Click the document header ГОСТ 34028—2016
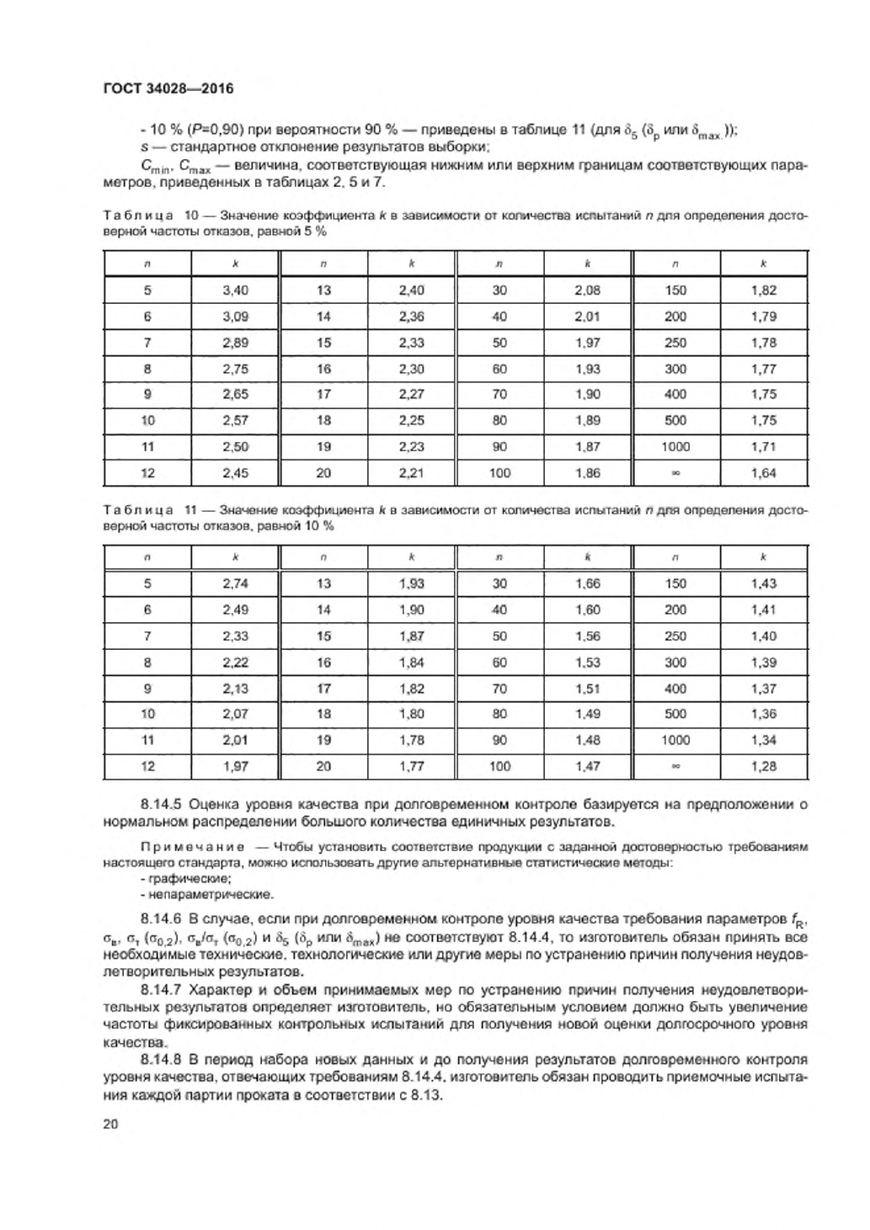pyautogui.click(x=168, y=88)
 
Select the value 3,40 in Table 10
pyautogui.click(x=235, y=290)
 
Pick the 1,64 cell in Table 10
pyautogui.click(x=763, y=473)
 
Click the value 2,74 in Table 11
pyautogui.click(x=235, y=583)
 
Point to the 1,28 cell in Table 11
pyautogui.click(x=763, y=766)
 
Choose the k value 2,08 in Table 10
pyautogui.click(x=587, y=290)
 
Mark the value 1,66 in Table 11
pyautogui.click(x=587, y=583)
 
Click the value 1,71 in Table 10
pyautogui.click(x=763, y=447)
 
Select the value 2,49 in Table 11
pyautogui.click(x=235, y=610)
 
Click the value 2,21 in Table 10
pyautogui.click(x=411, y=473)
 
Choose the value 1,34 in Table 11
pyautogui.click(x=763, y=740)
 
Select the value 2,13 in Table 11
pyautogui.click(x=235, y=688)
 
